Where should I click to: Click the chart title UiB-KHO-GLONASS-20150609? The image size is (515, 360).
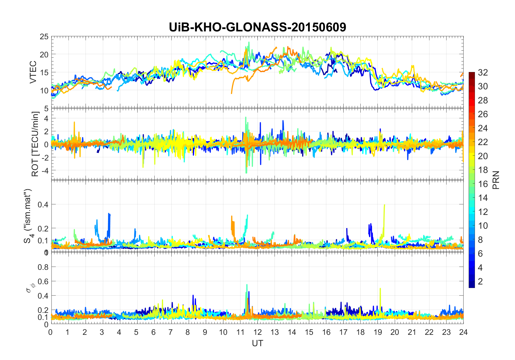coord(257,27)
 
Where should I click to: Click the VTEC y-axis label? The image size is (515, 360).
coord(33,72)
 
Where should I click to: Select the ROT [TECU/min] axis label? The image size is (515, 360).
coord(35,144)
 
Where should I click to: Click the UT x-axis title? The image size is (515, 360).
coord(257,343)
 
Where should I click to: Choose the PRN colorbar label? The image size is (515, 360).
coord(496,180)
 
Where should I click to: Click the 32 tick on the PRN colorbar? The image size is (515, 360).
coord(483,72)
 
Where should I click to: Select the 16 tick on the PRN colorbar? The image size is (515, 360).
coord(483,184)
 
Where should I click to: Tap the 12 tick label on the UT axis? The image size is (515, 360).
coord(257,332)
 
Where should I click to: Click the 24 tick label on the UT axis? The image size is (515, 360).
coord(463,332)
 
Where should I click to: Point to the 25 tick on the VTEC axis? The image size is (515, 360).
coord(44,37)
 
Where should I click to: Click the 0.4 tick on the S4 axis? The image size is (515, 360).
coord(43,204)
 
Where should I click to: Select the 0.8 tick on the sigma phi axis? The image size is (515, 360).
coord(43,267)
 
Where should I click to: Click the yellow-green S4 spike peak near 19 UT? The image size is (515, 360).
coord(384,205)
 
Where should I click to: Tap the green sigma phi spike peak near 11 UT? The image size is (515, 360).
coord(247,284)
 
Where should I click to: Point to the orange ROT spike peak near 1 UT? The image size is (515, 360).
coord(74,122)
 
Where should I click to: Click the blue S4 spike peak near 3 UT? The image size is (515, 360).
coord(109,214)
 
